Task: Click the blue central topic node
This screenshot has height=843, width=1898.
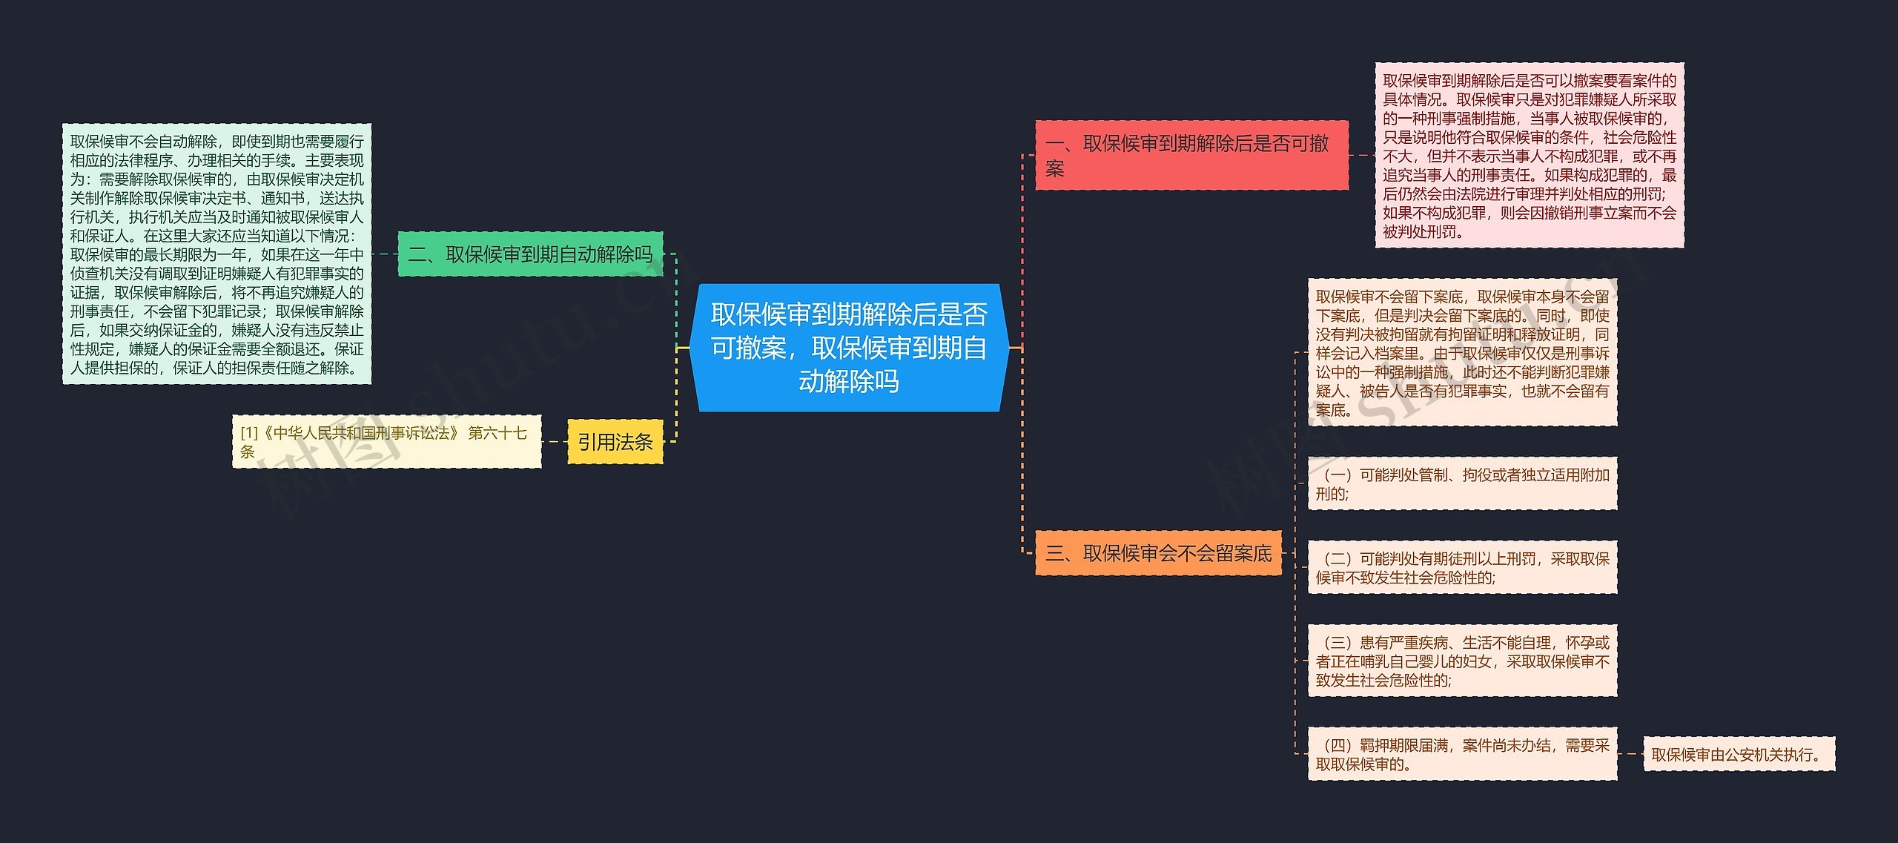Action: pos(849,347)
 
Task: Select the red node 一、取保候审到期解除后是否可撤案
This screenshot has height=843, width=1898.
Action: pos(1191,155)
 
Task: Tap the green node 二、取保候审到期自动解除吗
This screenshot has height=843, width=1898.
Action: pos(530,254)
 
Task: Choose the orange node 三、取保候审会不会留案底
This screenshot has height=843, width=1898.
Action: pos(1158,553)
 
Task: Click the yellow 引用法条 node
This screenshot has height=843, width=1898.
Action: pos(615,442)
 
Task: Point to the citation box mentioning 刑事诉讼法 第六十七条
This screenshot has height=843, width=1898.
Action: pos(386,441)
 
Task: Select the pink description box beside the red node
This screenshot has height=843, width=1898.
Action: pos(1529,155)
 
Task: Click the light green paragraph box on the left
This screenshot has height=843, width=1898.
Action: pos(216,254)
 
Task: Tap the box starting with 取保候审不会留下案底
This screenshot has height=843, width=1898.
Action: pos(1462,352)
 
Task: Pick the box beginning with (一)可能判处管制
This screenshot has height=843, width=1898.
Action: pos(1462,483)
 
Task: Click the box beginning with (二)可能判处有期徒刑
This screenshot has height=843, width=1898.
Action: pos(1462,567)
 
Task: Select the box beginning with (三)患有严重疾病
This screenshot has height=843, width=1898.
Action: pos(1462,661)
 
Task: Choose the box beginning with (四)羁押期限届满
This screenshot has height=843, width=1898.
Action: pos(1462,754)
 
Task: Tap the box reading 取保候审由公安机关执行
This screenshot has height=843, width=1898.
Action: pos(1739,754)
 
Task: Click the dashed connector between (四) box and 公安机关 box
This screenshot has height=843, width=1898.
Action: pos(1630,754)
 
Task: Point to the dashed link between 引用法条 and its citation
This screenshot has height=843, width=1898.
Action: pos(555,442)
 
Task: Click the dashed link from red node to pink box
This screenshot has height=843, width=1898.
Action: pos(1361,155)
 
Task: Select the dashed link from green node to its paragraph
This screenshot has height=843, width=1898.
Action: pos(384,254)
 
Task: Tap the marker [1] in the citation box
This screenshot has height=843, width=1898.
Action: pos(248,433)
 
